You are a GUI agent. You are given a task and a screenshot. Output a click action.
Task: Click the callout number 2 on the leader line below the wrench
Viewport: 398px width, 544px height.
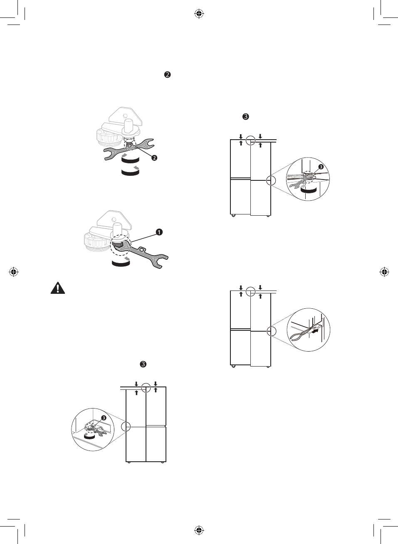pyautogui.click(x=154, y=158)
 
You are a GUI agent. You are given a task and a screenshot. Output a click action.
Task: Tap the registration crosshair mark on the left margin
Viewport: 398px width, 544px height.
pyautogui.click(x=13, y=272)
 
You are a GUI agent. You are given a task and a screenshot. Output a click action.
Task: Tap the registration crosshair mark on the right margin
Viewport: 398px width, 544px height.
pyautogui.click(x=385, y=272)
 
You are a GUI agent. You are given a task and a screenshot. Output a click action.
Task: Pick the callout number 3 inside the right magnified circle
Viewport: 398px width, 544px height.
pyautogui.click(x=321, y=167)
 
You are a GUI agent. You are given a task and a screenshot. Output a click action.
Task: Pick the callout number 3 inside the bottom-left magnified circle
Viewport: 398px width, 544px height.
pyautogui.click(x=104, y=418)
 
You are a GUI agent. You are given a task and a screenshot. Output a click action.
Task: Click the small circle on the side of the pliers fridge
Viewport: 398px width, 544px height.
pyautogui.click(x=271, y=331)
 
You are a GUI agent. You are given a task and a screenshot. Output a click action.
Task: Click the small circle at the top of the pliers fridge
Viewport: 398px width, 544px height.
pyautogui.click(x=250, y=291)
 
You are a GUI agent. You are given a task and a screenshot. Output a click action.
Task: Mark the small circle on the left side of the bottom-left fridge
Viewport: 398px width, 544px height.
pyautogui.click(x=126, y=427)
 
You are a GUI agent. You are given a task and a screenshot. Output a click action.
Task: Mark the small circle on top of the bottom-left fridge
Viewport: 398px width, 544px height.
pyautogui.click(x=146, y=388)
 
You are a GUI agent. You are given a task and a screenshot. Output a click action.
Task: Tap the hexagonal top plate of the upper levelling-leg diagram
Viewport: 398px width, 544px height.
pyautogui.click(x=124, y=116)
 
